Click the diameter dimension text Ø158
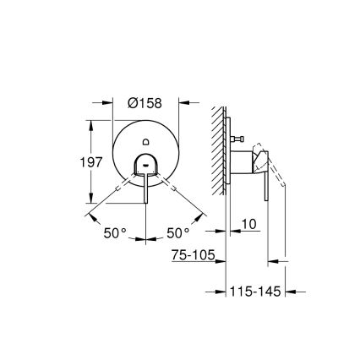(x=145, y=102)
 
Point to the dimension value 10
(x=248, y=223)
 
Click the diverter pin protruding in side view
(x=238, y=136)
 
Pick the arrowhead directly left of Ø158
(x=110, y=102)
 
